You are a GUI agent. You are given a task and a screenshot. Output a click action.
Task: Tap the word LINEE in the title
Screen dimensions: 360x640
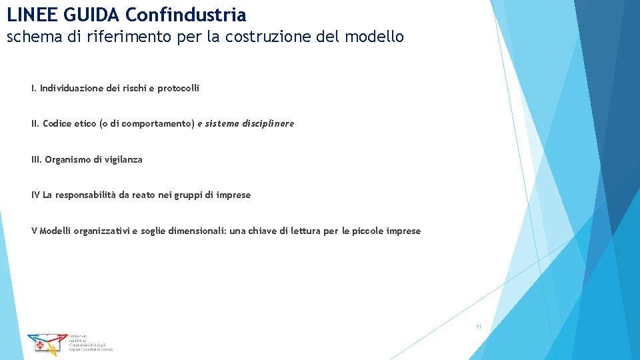(29, 14)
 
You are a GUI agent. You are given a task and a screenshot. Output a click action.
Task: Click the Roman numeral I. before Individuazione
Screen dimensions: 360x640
(34, 88)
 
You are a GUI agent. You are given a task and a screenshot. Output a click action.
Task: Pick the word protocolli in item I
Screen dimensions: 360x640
(178, 88)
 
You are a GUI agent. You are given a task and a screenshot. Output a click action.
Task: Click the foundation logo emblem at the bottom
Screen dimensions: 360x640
(47, 342)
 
